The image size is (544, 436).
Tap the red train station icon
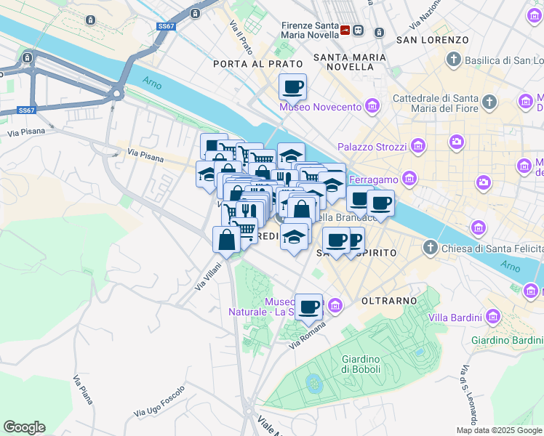pyautogui.click(x=345, y=31)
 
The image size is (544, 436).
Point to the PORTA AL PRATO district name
pyautogui.click(x=247, y=64)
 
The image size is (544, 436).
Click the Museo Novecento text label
pyautogui.click(x=320, y=108)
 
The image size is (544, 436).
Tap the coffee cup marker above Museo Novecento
pyautogui.click(x=293, y=87)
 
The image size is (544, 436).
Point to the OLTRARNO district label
pyautogui.click(x=389, y=300)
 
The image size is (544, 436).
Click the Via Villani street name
pyautogui.click(x=207, y=277)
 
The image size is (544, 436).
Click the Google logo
pyautogui.click(x=24, y=427)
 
